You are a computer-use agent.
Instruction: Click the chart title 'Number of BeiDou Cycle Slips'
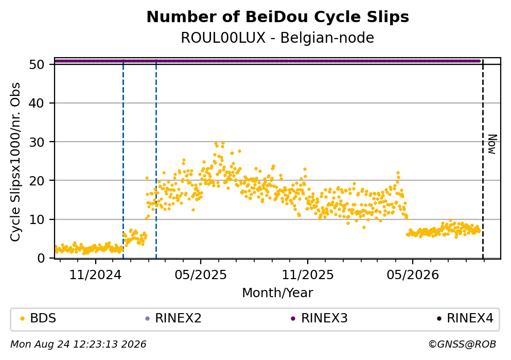(x=278, y=17)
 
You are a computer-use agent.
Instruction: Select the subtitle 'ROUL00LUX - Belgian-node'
(x=277, y=38)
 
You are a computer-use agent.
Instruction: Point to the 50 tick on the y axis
(x=37, y=64)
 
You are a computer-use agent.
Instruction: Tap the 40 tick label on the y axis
(x=37, y=104)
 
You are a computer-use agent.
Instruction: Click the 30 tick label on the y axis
(x=37, y=142)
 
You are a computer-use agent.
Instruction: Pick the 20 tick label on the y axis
(x=37, y=181)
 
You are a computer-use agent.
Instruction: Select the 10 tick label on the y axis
(x=37, y=219)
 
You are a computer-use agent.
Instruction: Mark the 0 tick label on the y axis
(x=41, y=258)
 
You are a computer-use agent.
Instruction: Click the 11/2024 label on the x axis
(x=96, y=275)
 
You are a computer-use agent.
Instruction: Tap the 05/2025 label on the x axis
(x=201, y=275)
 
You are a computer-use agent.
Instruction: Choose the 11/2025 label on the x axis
(x=308, y=275)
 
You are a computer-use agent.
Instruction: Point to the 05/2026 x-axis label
(x=413, y=275)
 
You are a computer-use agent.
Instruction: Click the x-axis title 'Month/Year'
(x=277, y=293)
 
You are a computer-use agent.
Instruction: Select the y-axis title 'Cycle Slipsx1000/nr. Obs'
(x=15, y=162)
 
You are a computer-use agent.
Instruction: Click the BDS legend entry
(x=38, y=318)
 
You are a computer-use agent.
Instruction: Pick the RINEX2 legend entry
(x=173, y=318)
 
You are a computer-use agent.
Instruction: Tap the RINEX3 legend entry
(x=320, y=318)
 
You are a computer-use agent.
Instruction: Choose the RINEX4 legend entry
(x=465, y=318)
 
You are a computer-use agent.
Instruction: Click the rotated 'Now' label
(x=492, y=144)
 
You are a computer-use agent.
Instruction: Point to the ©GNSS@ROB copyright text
(x=462, y=345)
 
